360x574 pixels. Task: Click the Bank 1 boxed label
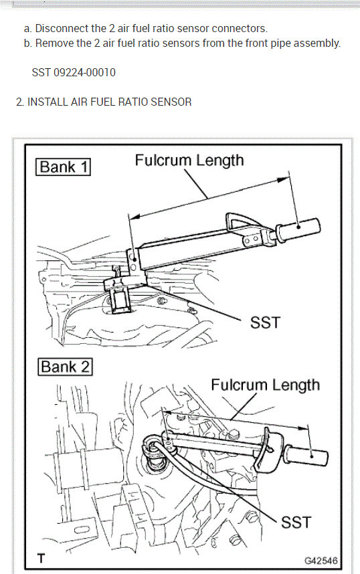tap(64, 167)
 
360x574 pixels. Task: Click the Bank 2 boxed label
tap(64, 367)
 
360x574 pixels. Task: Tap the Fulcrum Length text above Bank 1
tap(189, 161)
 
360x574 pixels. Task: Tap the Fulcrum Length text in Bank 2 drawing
tap(265, 385)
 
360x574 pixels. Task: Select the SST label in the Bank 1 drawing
tap(265, 323)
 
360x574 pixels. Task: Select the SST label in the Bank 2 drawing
tap(296, 521)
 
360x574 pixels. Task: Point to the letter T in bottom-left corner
tap(41, 559)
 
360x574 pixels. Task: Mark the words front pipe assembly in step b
tap(296, 43)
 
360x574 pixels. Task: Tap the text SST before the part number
tap(41, 72)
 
